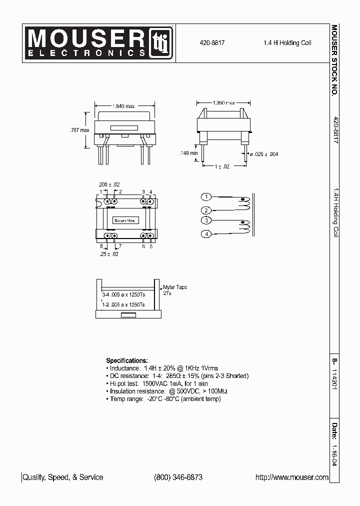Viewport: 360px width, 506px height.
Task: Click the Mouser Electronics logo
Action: pyautogui.click(x=99, y=43)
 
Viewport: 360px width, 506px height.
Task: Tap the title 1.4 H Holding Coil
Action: pyautogui.click(x=287, y=43)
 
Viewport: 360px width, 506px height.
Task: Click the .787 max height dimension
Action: pyautogui.click(x=79, y=130)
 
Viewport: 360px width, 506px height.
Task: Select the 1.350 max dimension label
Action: pyautogui.click(x=223, y=102)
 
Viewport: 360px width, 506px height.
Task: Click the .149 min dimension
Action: pyautogui.click(x=189, y=153)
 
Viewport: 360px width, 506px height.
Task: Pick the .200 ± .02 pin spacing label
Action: pyautogui.click(x=109, y=184)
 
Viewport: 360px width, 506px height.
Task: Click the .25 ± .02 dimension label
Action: pyautogui.click(x=109, y=254)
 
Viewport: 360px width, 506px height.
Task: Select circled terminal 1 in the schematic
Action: pyautogui.click(x=206, y=196)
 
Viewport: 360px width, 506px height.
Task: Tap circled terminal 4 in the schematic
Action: pyautogui.click(x=206, y=233)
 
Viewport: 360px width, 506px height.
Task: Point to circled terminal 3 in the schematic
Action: pyautogui.click(x=206, y=220)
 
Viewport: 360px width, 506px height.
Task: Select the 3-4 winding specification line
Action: pyautogui.click(x=123, y=295)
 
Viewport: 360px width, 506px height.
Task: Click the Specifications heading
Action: pyautogui.click(x=127, y=360)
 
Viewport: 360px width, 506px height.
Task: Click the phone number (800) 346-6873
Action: pyautogui.click(x=178, y=477)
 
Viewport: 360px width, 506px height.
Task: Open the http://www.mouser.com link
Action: pyautogui.click(x=292, y=477)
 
